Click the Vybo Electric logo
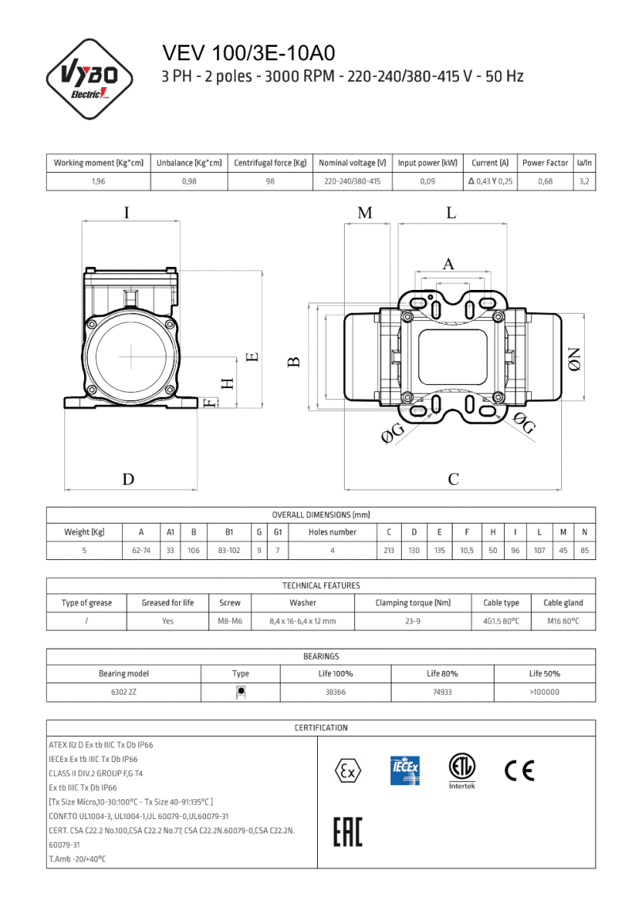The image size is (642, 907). pyautogui.click(x=89, y=79)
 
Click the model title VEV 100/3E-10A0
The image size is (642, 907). pyautogui.click(x=248, y=53)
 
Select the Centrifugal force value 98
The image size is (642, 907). pyautogui.click(x=270, y=181)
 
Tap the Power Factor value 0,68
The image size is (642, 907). pyautogui.click(x=545, y=181)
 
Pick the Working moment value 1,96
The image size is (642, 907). pyautogui.click(x=98, y=181)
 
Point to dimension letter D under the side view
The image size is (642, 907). pyautogui.click(x=128, y=479)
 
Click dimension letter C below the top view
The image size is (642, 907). pyautogui.click(x=453, y=479)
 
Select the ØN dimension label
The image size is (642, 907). pyautogui.click(x=573, y=359)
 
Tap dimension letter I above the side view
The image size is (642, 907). pyautogui.click(x=127, y=212)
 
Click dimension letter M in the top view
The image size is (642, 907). pyautogui.click(x=365, y=213)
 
